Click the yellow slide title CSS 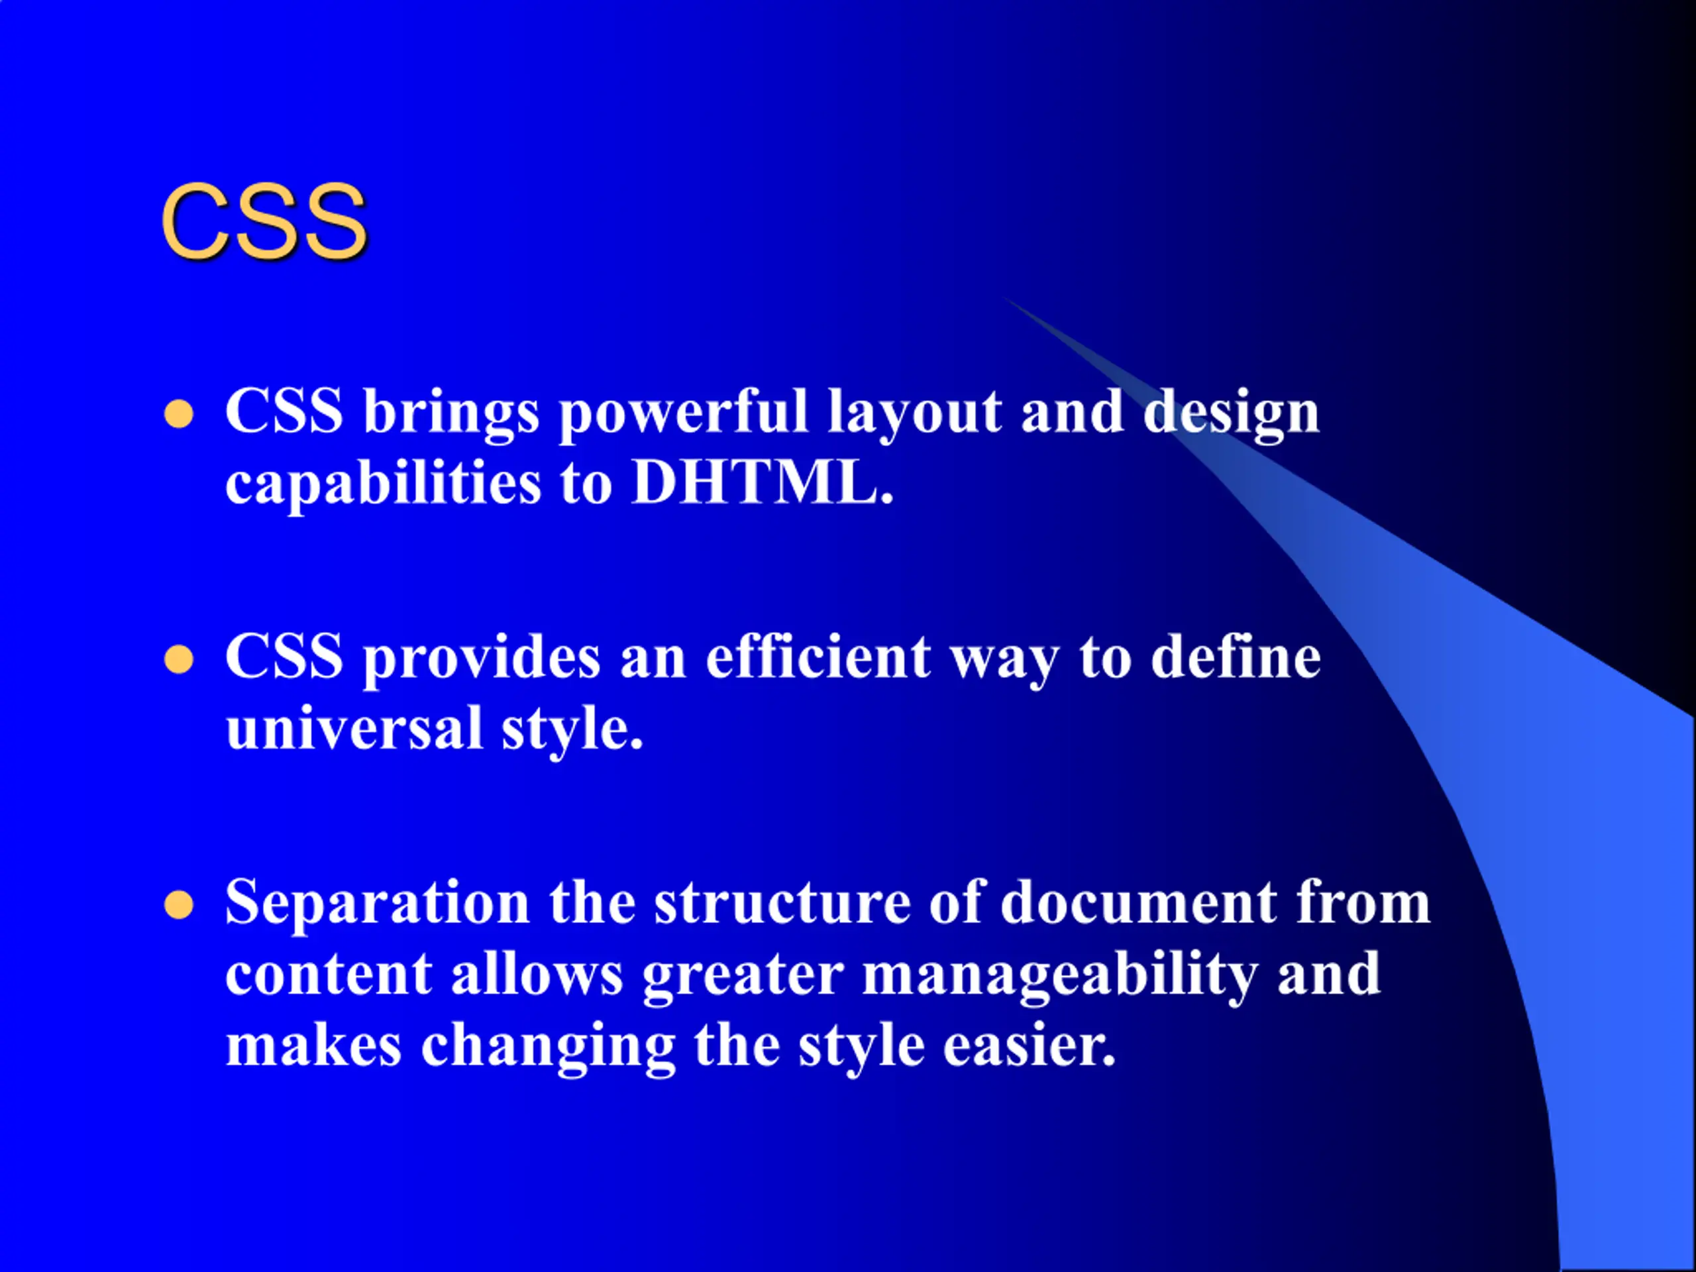(264, 223)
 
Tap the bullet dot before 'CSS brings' (179, 414)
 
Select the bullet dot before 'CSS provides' (179, 659)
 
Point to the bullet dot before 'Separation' (179, 905)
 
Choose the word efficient (818, 657)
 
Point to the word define (1236, 657)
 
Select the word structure (781, 903)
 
